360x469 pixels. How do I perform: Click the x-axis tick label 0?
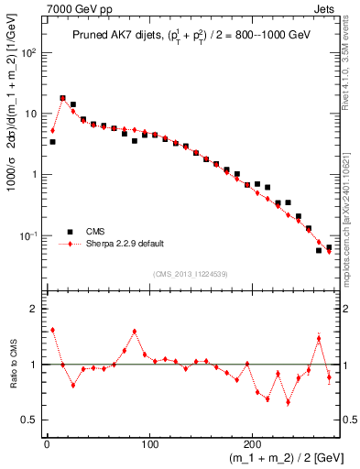click(47, 444)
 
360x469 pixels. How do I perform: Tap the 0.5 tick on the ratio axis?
click(31, 420)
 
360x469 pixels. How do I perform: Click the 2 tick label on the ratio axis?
click(35, 309)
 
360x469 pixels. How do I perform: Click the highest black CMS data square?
click(63, 98)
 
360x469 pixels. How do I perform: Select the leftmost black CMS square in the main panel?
click(52, 142)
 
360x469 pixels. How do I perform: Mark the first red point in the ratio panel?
click(52, 330)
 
